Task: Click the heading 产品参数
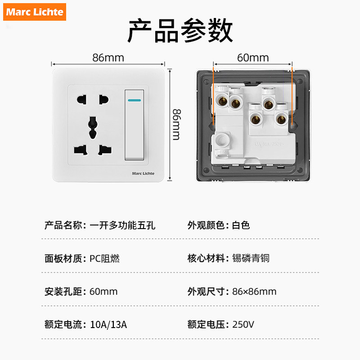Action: click(180, 31)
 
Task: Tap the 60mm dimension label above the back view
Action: click(252, 58)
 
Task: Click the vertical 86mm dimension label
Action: click(176, 124)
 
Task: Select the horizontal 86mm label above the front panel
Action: click(108, 58)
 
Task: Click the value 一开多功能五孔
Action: click(122, 225)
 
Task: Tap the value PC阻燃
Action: click(104, 258)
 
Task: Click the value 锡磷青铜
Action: click(251, 258)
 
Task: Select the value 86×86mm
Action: click(254, 291)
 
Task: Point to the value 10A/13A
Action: click(108, 324)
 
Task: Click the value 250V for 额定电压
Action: click(243, 324)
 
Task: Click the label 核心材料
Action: click(206, 258)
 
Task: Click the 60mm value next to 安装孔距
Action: click(103, 291)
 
